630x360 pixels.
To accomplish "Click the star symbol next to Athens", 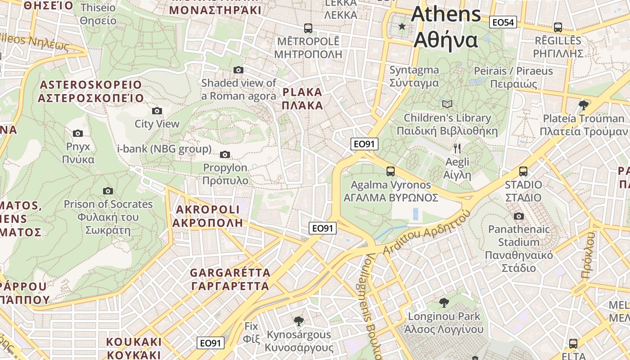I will click(402, 27).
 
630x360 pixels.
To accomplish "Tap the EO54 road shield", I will click(503, 22).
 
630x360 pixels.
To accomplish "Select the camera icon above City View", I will click(157, 111).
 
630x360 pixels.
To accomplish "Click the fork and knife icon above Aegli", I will click(457, 148).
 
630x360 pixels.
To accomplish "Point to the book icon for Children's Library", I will click(447, 104).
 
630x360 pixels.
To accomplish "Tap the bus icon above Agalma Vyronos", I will click(391, 171).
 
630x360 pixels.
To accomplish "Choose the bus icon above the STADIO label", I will click(523, 171).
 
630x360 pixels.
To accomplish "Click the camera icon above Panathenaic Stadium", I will click(519, 216).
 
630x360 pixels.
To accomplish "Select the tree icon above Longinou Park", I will click(444, 302).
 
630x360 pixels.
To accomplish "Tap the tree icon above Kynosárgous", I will click(298, 321).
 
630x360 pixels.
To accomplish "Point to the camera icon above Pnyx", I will click(78, 133).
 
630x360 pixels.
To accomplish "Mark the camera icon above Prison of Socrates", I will click(108, 191).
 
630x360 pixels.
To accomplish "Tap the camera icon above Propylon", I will click(225, 155).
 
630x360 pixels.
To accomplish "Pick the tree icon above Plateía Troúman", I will click(584, 105).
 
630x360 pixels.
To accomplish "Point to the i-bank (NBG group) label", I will click(164, 149).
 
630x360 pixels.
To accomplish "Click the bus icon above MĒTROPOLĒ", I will click(308, 28).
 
